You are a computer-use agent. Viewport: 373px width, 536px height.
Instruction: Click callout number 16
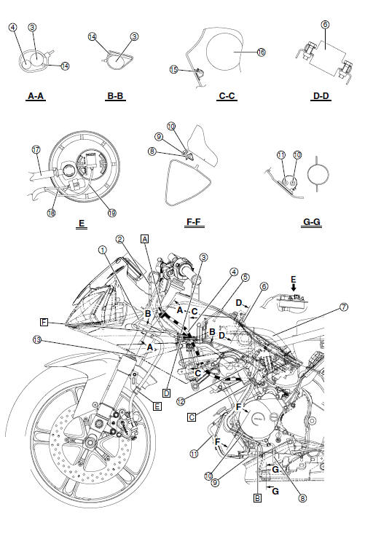(262, 52)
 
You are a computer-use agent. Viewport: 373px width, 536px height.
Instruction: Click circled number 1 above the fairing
(103, 249)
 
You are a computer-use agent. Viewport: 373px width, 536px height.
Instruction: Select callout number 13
(36, 339)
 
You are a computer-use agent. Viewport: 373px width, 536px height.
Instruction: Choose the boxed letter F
(45, 320)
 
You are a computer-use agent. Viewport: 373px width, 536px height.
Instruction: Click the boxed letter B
(256, 499)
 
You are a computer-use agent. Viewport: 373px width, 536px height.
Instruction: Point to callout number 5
(246, 277)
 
